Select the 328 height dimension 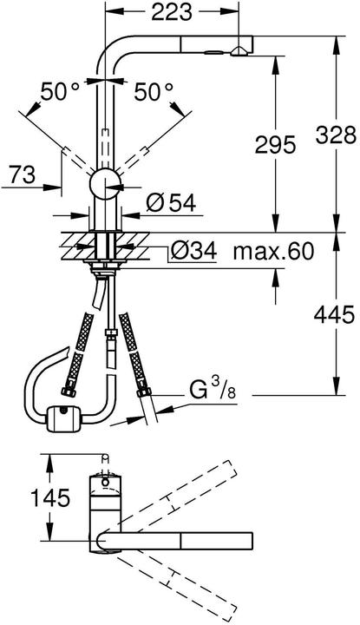point(337,134)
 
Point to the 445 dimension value point(337,313)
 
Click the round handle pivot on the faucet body point(104,184)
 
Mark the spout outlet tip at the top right point(239,51)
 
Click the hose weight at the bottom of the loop point(64,419)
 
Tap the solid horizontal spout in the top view point(173,542)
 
